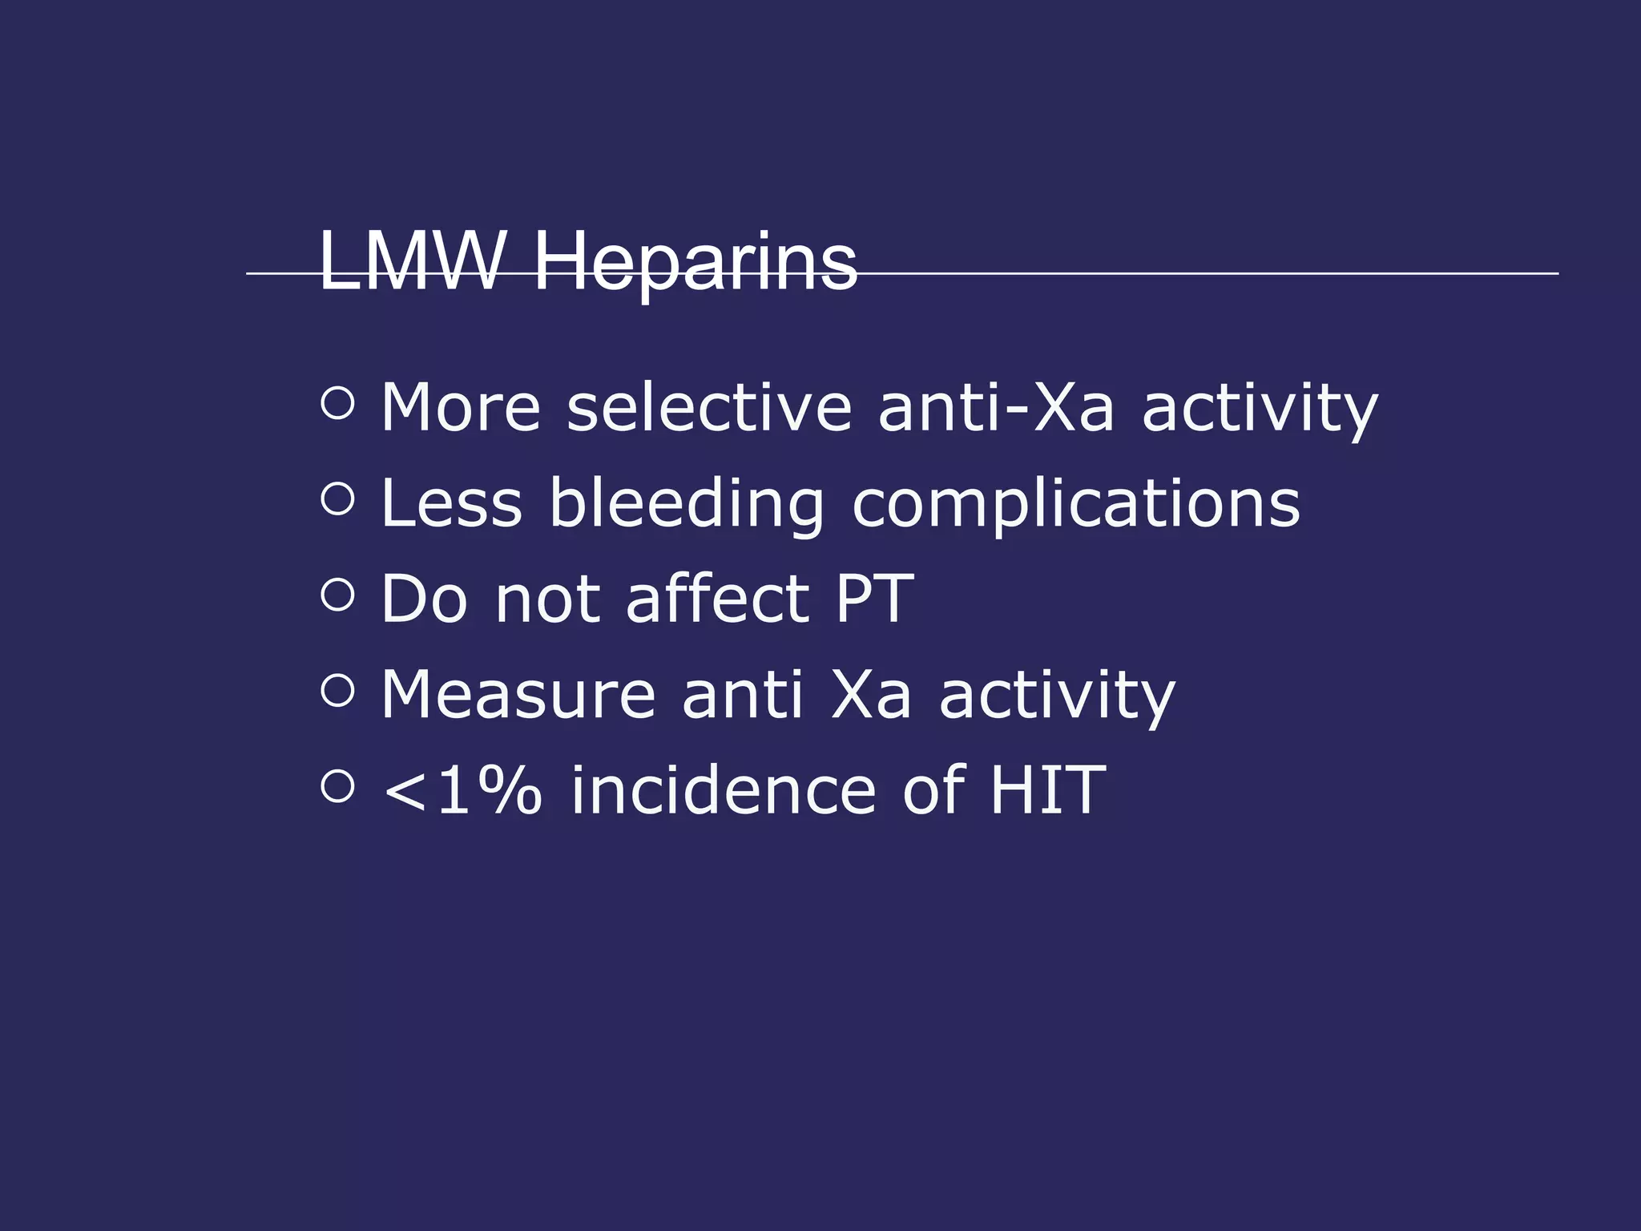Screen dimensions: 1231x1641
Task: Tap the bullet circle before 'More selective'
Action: pyautogui.click(x=337, y=403)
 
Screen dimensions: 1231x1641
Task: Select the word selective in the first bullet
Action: pyautogui.click(x=709, y=408)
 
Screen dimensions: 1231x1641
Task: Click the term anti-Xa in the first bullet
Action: pyautogui.click(x=996, y=408)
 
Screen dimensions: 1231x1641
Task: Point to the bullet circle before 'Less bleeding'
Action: pyautogui.click(x=337, y=498)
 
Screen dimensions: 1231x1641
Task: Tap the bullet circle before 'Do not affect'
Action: pyautogui.click(x=337, y=594)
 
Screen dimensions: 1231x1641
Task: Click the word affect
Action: pyautogui.click(x=717, y=599)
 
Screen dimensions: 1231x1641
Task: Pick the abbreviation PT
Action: pyautogui.click(x=874, y=599)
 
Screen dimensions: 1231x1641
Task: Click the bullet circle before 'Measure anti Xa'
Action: pyautogui.click(x=337, y=689)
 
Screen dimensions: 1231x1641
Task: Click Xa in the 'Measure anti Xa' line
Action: pyautogui.click(x=871, y=694)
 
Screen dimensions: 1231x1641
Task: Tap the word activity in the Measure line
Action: pyautogui.click(x=1057, y=696)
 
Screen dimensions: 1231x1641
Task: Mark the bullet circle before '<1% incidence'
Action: pyautogui.click(x=337, y=785)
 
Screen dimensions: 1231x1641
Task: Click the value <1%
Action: pyautogui.click(x=462, y=790)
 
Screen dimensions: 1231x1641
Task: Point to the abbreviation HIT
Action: pyautogui.click(x=1048, y=790)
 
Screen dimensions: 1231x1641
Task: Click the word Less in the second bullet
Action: pyautogui.click(x=452, y=503)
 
